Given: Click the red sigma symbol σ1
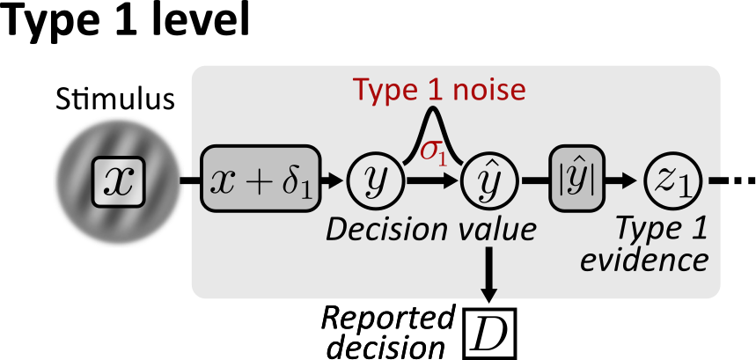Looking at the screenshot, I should click(432, 151).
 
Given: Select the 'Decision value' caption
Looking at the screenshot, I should click(430, 230).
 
